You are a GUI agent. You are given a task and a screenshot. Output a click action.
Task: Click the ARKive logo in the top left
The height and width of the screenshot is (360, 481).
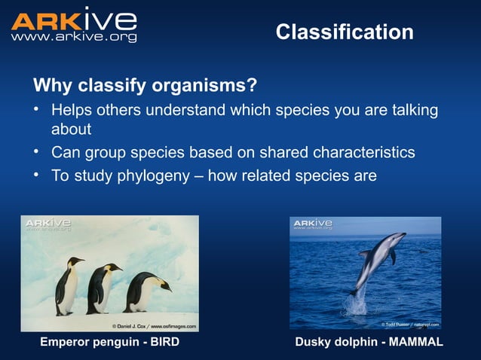pos(73,21)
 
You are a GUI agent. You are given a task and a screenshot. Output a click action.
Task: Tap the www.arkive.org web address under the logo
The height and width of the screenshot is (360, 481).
pos(73,37)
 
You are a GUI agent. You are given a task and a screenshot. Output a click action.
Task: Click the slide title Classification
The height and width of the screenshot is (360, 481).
pos(344,32)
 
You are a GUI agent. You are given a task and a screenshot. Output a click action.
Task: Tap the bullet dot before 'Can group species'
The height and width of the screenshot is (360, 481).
pos(35,153)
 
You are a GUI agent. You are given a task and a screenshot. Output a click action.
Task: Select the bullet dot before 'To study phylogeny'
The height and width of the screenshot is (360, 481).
pos(35,175)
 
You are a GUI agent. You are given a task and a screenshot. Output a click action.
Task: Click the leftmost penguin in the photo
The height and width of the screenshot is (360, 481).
pos(69,285)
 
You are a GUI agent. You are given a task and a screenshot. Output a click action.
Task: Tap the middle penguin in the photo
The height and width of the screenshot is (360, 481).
pos(101,287)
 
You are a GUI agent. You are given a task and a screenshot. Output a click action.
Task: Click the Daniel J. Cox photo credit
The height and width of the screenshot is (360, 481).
pos(154,326)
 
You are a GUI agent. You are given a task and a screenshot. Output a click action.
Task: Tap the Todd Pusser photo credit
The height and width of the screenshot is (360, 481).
pos(409,325)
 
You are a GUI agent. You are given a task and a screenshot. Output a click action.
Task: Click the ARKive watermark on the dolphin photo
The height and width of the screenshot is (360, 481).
pos(312,225)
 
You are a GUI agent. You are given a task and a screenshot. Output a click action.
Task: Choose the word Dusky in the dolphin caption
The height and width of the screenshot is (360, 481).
pos(314,343)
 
